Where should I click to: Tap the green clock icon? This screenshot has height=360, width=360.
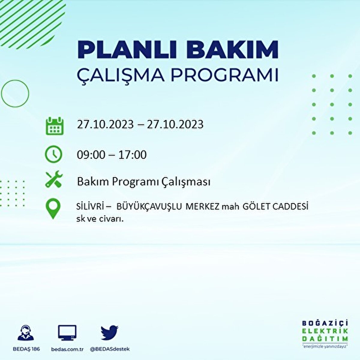click(x=53, y=154)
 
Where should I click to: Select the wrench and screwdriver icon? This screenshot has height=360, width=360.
click(x=54, y=179)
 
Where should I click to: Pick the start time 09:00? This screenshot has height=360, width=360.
click(x=91, y=155)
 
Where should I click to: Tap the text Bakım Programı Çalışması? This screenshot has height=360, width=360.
click(x=143, y=182)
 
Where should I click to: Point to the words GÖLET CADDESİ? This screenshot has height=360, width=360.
click(x=276, y=207)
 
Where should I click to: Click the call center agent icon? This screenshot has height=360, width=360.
click(x=26, y=333)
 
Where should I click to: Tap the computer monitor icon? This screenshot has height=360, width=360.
click(x=67, y=333)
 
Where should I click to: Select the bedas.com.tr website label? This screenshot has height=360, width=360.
click(x=67, y=349)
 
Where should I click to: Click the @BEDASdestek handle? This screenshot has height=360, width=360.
click(x=110, y=349)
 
